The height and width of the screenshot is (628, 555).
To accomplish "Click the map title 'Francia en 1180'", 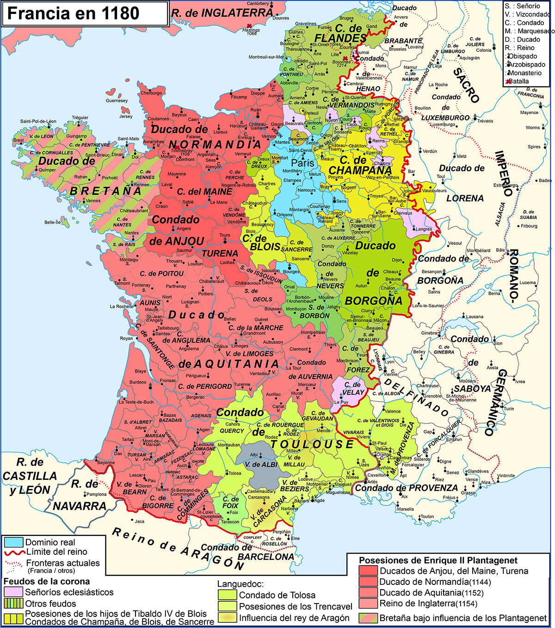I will tap(73, 13).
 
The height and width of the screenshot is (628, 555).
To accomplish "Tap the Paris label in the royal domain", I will tap(302, 163).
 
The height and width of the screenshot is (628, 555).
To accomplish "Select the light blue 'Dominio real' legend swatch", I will tap(13, 542).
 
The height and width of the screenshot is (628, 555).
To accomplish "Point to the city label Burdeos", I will tap(138, 382).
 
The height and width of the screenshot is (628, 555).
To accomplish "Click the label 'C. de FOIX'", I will tap(230, 502).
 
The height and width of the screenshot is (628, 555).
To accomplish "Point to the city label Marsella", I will tap(405, 509).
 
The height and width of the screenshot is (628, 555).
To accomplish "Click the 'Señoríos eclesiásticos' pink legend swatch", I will tap(13, 592).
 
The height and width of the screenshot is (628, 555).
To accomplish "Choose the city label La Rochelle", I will tap(122, 306).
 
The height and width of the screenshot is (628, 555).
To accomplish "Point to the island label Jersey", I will tap(125, 116).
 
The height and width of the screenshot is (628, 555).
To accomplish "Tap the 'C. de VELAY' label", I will tap(352, 388).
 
